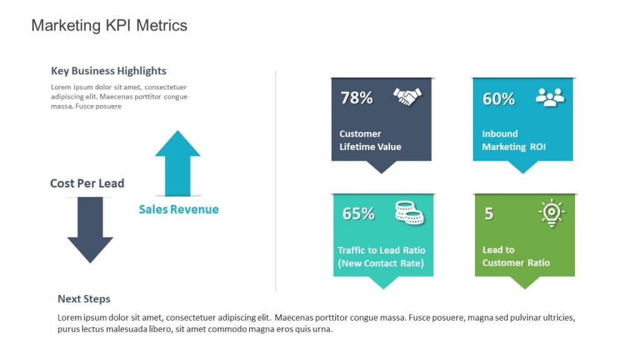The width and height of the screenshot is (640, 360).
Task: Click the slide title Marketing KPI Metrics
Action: (109, 26)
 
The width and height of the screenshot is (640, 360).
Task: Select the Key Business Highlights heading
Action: (109, 71)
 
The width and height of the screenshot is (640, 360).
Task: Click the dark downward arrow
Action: (90, 230)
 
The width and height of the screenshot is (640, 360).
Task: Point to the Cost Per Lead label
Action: (87, 183)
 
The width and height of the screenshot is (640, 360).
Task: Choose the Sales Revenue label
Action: (179, 209)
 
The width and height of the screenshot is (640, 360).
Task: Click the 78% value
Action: (356, 98)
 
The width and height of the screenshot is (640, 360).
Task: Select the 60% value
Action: (499, 99)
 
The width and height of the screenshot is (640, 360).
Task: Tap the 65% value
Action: (358, 214)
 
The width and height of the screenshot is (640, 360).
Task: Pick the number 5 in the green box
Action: (489, 214)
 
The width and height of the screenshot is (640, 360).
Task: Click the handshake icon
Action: (407, 96)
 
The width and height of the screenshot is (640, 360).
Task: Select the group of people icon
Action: (550, 97)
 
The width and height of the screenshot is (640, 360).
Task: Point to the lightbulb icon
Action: (551, 212)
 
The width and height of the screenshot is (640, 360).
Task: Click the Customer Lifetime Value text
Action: (370, 140)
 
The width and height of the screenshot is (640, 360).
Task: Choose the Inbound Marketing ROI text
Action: (514, 140)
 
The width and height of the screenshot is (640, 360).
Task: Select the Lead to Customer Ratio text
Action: (516, 256)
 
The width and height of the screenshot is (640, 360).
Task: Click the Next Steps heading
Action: (84, 299)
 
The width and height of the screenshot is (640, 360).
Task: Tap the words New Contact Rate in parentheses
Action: (381, 263)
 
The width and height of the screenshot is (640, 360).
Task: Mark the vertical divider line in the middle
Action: (276, 181)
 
